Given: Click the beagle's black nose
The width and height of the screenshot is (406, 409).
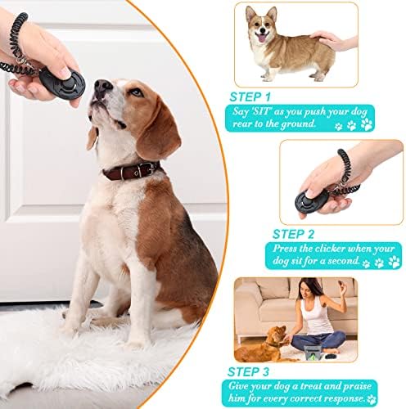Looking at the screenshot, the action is (x=102, y=86).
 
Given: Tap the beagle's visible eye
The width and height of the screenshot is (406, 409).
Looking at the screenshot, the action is (x=137, y=92).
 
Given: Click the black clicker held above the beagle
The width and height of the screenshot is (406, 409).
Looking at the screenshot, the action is (x=62, y=81).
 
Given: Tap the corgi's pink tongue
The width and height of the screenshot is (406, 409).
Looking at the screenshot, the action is (x=262, y=38).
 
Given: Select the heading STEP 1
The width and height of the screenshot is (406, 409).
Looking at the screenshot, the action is (x=250, y=97).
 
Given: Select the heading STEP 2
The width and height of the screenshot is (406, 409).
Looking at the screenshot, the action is (x=293, y=234).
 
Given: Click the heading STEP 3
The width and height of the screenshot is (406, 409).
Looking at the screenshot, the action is (x=248, y=372).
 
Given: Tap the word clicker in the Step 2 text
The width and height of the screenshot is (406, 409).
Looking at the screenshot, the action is (x=330, y=249).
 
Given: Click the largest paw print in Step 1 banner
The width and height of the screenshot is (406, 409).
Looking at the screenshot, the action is (x=367, y=124).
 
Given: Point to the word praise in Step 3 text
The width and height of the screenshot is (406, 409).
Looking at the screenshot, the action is (x=357, y=387).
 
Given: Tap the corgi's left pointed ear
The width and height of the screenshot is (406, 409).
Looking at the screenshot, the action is (x=250, y=14).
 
